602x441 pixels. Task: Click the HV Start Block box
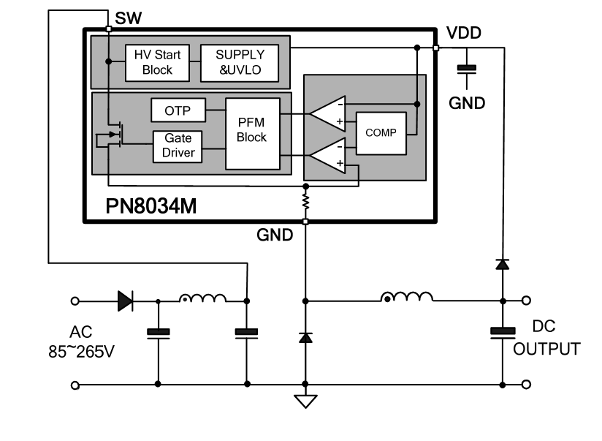point(157,63)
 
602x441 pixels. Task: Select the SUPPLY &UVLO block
point(240,63)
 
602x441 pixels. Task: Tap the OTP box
point(178,110)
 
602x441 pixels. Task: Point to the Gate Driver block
point(178,146)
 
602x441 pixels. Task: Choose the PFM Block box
point(253,133)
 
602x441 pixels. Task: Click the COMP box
point(381,133)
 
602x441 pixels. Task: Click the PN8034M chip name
point(151,206)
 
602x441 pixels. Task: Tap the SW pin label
point(129,18)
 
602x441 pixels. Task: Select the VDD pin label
point(464,33)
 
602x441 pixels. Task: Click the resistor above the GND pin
point(305,201)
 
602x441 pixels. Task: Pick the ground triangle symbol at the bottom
point(305,401)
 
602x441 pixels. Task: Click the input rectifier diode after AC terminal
point(125,301)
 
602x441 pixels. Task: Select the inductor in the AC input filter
point(202,298)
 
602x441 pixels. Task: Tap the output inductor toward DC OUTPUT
point(407,297)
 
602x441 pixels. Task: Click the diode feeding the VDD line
point(503,264)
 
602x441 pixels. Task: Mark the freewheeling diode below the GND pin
point(305,338)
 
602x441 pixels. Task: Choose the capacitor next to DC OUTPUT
point(503,333)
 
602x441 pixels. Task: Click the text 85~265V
point(81,352)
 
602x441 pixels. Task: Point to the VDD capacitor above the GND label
point(467,69)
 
